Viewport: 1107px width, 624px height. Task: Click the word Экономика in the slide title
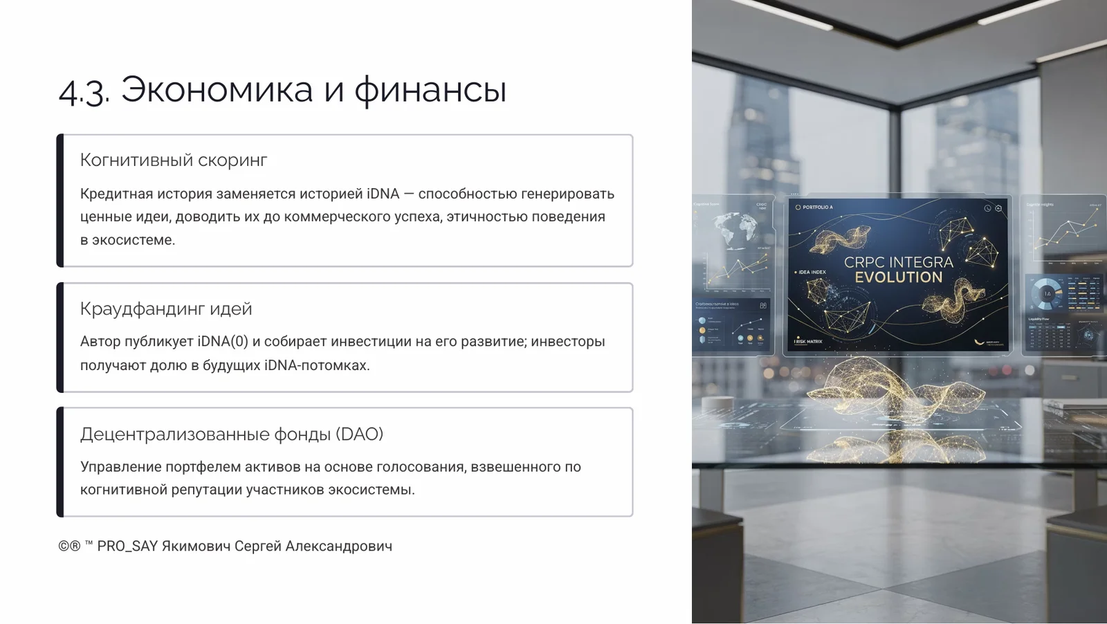pos(217,90)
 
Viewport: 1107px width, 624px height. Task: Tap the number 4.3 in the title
pos(84,91)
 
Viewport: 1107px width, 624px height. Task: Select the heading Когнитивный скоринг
pos(174,160)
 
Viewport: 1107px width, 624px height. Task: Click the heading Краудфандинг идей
pos(166,309)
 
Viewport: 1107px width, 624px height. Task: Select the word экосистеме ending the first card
pos(134,240)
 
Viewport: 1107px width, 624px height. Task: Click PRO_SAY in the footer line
pos(127,546)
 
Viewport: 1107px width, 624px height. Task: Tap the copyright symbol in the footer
pos(64,546)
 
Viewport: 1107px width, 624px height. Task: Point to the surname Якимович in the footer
pos(196,546)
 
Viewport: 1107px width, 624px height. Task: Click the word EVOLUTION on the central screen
pos(898,277)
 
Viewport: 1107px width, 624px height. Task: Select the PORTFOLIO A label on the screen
pos(817,208)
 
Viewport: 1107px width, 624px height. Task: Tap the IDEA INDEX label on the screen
pos(812,273)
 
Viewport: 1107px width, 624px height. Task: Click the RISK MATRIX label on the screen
pos(809,342)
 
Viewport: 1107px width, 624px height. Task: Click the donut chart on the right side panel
pos(1047,294)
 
